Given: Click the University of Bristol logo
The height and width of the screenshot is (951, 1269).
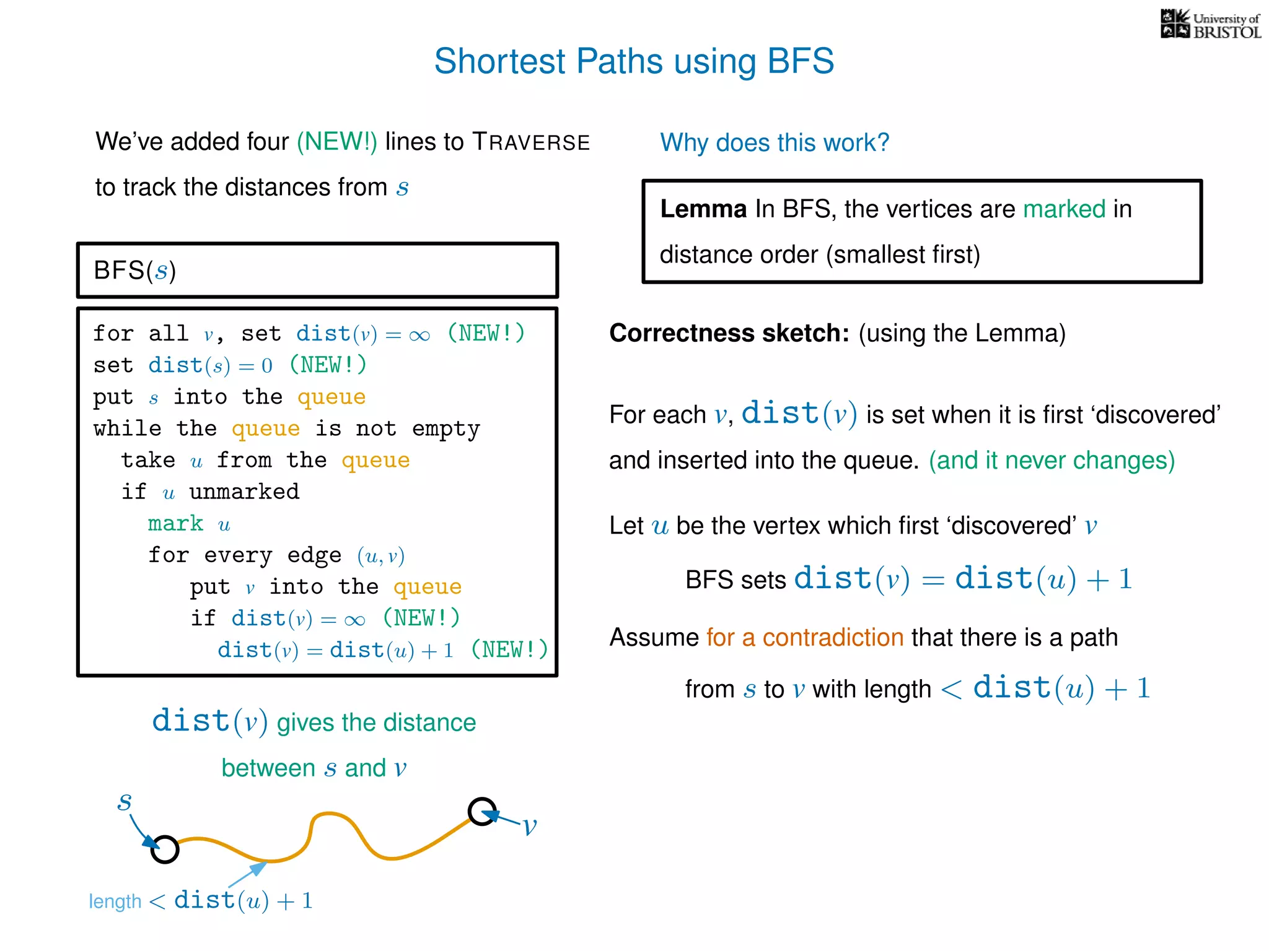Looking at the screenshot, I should (1210, 25).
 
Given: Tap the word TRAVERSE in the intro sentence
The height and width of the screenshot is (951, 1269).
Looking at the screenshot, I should (531, 142).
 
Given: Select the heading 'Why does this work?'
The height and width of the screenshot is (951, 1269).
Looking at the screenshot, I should (774, 143).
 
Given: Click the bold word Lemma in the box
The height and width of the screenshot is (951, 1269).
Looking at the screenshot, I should (703, 209).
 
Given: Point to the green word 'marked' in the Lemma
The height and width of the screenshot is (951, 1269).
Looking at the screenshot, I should (1063, 209).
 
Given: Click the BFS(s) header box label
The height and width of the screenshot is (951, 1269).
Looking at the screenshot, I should (134, 271).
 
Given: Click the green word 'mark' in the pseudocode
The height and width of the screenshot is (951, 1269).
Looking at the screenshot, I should (175, 524).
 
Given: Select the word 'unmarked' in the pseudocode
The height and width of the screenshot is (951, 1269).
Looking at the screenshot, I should (244, 492).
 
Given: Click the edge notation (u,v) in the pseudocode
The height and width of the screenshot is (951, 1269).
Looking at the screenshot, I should (380, 556).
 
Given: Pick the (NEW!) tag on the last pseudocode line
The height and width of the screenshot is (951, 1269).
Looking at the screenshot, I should (509, 649).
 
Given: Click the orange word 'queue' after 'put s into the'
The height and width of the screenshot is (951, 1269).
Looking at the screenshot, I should (331, 397).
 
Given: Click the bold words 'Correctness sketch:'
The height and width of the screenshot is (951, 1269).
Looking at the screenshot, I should (729, 333).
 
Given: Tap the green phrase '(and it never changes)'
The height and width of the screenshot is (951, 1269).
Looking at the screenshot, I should (1051, 461).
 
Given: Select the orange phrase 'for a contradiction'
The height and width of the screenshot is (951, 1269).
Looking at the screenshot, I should (804, 638).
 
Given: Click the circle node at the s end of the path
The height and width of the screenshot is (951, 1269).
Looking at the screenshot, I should (165, 849).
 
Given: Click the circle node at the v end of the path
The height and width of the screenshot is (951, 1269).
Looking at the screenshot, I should (481, 811).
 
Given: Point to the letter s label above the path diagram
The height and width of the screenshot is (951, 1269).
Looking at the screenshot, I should (125, 802).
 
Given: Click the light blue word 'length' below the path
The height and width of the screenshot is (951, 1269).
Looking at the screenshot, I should (115, 901).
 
